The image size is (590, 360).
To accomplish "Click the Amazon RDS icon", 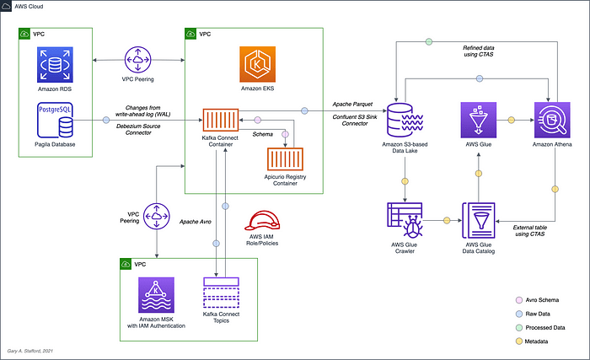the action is (x=55, y=65).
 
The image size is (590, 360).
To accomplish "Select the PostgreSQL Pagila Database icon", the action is (x=55, y=120).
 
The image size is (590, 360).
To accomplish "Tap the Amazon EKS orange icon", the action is (x=257, y=64).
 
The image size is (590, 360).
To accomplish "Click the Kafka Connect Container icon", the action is (x=221, y=120).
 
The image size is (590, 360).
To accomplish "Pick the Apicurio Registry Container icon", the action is (x=285, y=159).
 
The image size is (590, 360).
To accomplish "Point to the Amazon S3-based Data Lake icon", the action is (x=405, y=120).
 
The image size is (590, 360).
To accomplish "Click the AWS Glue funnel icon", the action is (x=479, y=120).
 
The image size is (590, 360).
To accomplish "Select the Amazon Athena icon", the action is (x=552, y=120).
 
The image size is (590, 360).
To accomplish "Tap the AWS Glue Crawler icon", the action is (x=405, y=220).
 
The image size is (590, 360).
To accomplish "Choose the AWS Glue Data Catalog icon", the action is (x=479, y=220).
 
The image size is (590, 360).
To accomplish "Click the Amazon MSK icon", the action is (x=156, y=295).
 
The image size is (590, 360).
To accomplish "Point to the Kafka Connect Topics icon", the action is (x=221, y=293).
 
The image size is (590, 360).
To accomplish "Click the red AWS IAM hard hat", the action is (x=262, y=220).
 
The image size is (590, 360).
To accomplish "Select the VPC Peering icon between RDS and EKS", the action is (x=137, y=60).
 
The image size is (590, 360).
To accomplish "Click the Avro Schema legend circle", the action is (x=519, y=300).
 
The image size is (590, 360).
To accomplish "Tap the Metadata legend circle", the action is (x=519, y=341).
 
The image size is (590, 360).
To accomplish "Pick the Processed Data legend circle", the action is (x=519, y=328).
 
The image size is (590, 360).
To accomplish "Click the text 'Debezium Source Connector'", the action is (x=138, y=129).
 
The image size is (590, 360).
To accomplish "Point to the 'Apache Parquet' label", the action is (x=352, y=105).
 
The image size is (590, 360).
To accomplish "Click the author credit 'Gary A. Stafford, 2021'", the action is (x=30, y=351).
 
